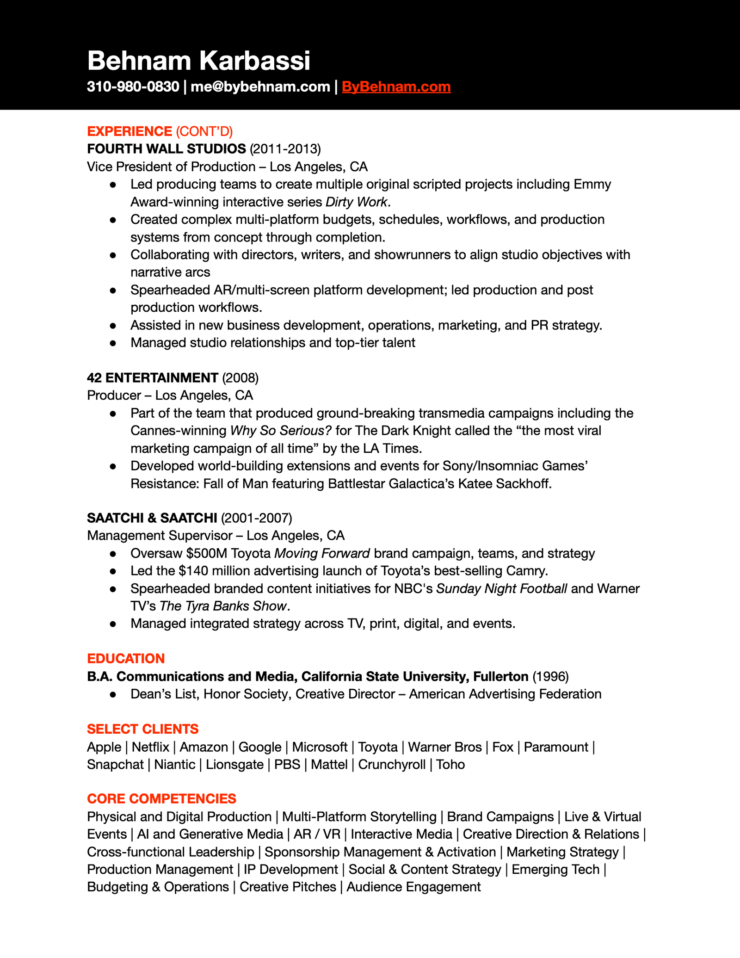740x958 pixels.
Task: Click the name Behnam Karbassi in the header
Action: coord(198,61)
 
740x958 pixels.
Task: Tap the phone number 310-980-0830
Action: coord(133,87)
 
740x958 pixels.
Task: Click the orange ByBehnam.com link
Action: coord(396,87)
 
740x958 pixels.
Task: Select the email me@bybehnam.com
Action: coord(260,87)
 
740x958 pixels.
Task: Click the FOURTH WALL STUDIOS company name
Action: coord(166,148)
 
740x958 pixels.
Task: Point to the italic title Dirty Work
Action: coord(356,202)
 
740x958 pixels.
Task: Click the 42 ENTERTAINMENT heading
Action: coord(153,378)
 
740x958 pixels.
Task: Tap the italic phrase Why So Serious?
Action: coord(281,431)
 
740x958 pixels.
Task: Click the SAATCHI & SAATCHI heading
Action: coord(152,518)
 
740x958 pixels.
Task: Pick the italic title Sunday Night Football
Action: coord(501,588)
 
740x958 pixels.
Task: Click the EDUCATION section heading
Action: coord(126,658)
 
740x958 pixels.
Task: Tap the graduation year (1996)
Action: coord(550,676)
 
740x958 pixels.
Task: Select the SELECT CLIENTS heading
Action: coord(142,729)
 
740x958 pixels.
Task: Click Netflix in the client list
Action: coord(150,747)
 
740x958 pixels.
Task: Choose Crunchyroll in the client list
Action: coord(392,765)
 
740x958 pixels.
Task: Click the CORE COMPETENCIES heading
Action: coord(161,799)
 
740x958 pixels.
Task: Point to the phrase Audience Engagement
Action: coord(413,887)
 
